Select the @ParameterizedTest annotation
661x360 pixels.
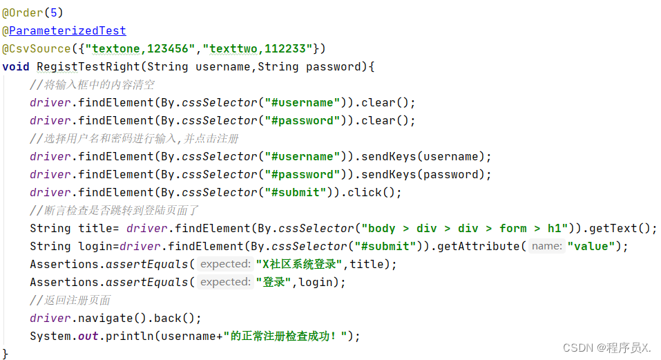click(64, 30)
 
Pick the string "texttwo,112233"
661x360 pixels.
click(258, 48)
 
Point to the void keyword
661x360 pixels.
click(16, 66)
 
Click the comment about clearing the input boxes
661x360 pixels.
click(92, 85)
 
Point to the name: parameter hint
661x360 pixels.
click(547, 246)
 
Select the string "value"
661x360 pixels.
click(591, 246)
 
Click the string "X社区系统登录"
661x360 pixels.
click(299, 264)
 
